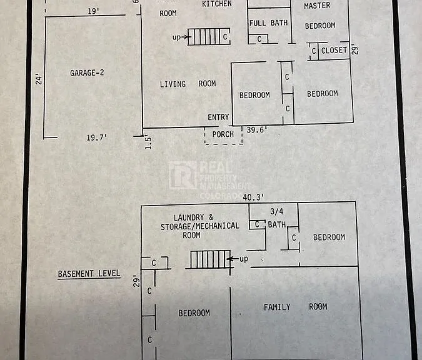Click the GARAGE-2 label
[87, 72]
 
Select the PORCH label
[223, 134]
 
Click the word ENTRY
[218, 117]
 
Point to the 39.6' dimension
[257, 130]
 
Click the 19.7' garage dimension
[97, 137]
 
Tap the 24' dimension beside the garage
[39, 79]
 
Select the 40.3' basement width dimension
[253, 197]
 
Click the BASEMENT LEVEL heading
[89, 274]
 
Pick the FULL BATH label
[268, 23]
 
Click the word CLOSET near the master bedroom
[334, 51]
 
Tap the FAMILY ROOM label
[295, 307]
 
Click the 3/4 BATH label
[277, 218]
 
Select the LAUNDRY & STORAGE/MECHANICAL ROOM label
[199, 226]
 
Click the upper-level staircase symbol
[209, 36]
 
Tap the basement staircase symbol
[210, 259]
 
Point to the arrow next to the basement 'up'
[233, 259]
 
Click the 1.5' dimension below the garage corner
[148, 143]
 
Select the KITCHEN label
[217, 4]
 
